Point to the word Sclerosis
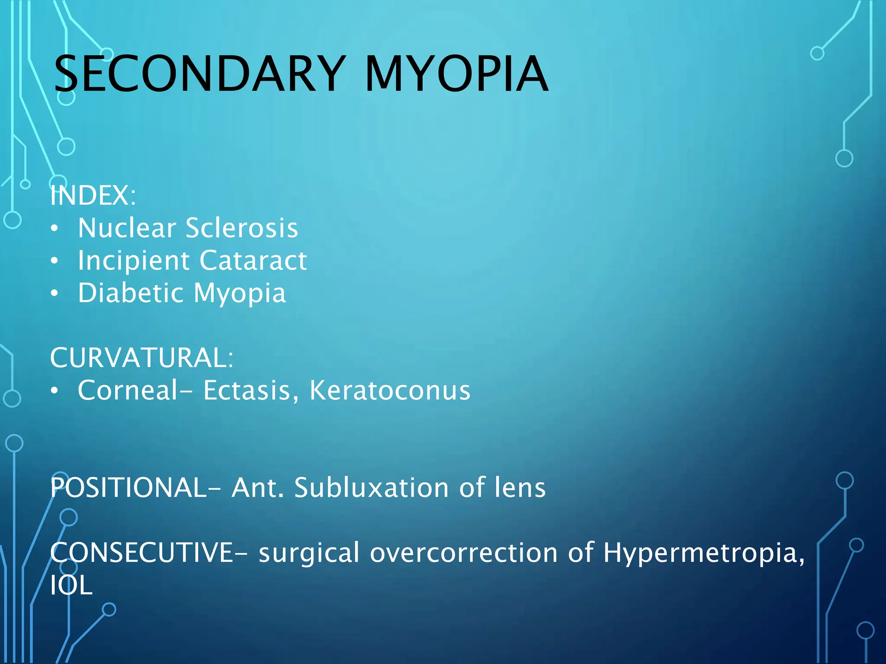tap(242, 228)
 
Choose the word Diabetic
tap(131, 293)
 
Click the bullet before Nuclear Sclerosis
tap(54, 229)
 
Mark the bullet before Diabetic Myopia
tap(54, 294)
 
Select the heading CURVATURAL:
tap(141, 358)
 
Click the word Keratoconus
tap(390, 390)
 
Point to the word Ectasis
tap(251, 390)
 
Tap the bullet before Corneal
tap(54, 391)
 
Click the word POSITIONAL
tap(128, 488)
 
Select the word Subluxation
tap(372, 488)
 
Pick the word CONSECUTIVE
tap(142, 553)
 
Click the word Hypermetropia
tap(703, 554)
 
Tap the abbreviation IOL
tap(71, 585)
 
